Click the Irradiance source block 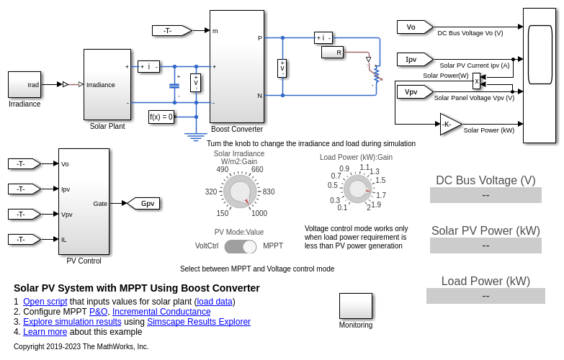[x=24, y=84]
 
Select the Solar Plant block [x=107, y=84]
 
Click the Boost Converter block [x=236, y=66]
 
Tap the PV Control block [x=84, y=202]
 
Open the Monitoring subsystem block [x=356, y=306]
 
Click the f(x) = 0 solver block [x=161, y=117]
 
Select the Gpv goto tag [x=144, y=204]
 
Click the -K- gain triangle [x=449, y=125]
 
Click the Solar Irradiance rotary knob [x=240, y=192]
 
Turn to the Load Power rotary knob [x=357, y=189]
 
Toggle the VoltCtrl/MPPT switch [x=240, y=246]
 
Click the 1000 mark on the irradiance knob [x=259, y=213]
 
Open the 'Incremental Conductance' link [x=161, y=312]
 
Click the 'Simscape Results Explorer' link [x=199, y=322]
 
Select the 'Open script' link [x=45, y=302]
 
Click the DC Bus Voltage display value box [x=485, y=195]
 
